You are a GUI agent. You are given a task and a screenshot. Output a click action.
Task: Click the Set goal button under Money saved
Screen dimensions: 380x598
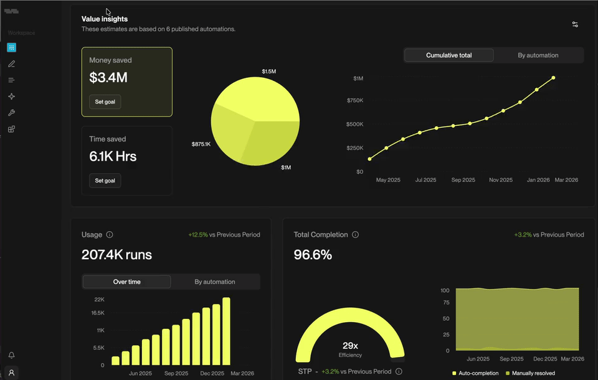(x=105, y=102)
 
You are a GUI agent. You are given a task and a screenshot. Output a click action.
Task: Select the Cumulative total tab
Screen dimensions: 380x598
(x=448, y=55)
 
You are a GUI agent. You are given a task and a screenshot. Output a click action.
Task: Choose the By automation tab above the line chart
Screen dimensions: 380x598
(x=538, y=55)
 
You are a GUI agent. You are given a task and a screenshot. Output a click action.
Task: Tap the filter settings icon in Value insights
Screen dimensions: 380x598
(x=575, y=24)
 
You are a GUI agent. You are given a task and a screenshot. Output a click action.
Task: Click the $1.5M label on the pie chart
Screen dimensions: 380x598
(x=268, y=72)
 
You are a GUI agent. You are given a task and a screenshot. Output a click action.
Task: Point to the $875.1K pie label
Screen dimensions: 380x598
(x=201, y=145)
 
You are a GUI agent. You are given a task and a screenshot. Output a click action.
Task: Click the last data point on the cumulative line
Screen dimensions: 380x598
(x=553, y=78)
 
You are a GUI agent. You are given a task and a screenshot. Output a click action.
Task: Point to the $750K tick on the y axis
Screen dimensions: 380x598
(x=354, y=101)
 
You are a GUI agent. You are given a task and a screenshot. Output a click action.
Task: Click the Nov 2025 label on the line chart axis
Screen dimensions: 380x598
(x=500, y=180)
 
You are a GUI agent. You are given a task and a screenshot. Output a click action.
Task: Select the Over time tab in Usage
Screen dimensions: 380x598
(x=126, y=282)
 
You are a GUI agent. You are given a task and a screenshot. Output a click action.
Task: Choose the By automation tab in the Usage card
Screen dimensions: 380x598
(x=215, y=282)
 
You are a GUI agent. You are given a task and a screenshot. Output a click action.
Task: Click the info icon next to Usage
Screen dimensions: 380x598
(x=110, y=235)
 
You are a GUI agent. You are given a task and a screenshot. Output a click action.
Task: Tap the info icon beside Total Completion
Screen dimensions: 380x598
(x=355, y=235)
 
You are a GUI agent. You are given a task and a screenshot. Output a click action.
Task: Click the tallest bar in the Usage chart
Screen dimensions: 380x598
(x=226, y=331)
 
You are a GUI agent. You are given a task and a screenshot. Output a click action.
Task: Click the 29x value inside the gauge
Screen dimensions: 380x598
(x=349, y=346)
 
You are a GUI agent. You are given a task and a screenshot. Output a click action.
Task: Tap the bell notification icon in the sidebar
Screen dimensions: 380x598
(x=11, y=355)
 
